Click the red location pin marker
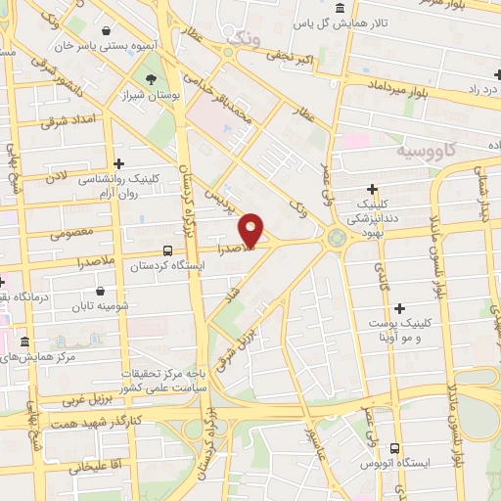click(252, 230)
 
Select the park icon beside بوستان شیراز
click(151, 80)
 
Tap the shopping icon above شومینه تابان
click(101, 291)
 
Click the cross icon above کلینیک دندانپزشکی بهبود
click(372, 189)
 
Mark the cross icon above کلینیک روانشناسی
click(119, 164)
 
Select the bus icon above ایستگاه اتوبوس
click(395, 440)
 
